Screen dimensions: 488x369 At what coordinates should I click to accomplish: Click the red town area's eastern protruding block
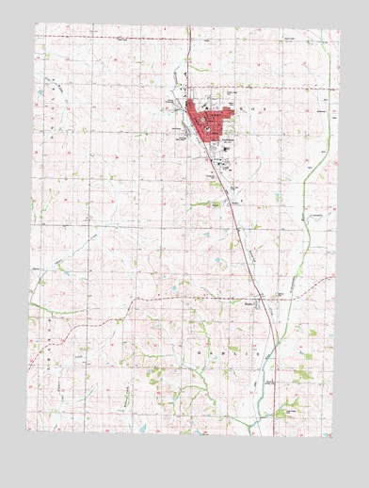tap(226, 118)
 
